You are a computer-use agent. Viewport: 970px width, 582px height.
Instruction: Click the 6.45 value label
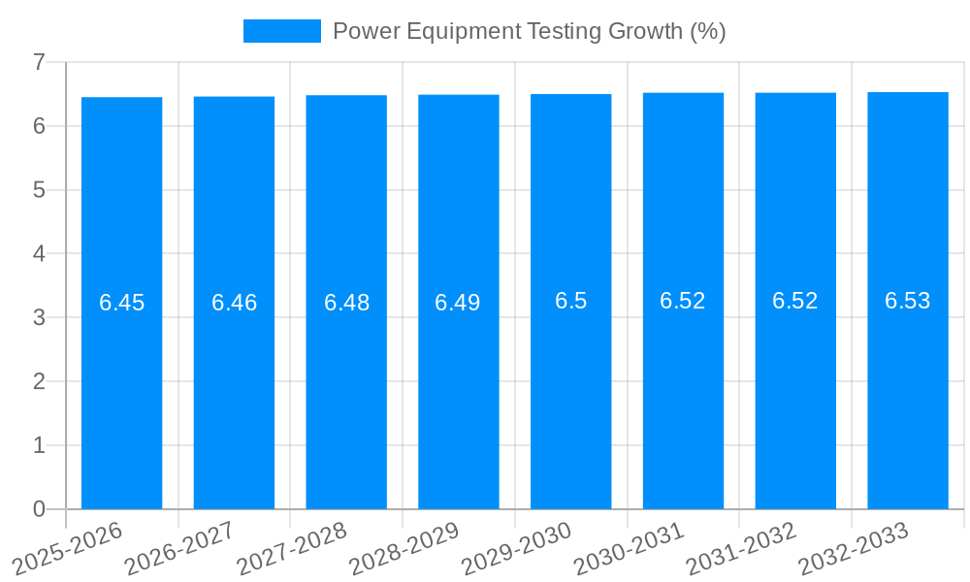121,303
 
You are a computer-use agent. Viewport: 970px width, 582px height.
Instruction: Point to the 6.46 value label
234,303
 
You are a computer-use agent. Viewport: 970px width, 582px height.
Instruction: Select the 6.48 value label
346,303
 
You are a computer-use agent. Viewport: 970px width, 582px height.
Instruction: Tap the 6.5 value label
570,301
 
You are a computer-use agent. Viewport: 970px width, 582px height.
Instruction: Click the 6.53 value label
907,301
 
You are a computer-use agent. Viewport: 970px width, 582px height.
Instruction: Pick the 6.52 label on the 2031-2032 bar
794,301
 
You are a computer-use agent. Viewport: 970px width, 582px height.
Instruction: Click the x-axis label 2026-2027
178,547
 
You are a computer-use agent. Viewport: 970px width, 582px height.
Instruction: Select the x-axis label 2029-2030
515,547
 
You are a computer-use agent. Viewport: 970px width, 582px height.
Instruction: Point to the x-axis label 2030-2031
628,547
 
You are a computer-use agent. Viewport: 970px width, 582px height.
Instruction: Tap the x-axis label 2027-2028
291,547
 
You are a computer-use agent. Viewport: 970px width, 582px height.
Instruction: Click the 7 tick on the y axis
39,62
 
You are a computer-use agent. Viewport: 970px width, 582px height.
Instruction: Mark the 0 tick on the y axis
39,509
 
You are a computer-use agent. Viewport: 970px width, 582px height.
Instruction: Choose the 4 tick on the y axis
39,254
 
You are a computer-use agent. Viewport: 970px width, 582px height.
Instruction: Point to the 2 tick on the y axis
39,381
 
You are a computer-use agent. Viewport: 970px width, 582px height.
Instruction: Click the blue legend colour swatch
281,31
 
